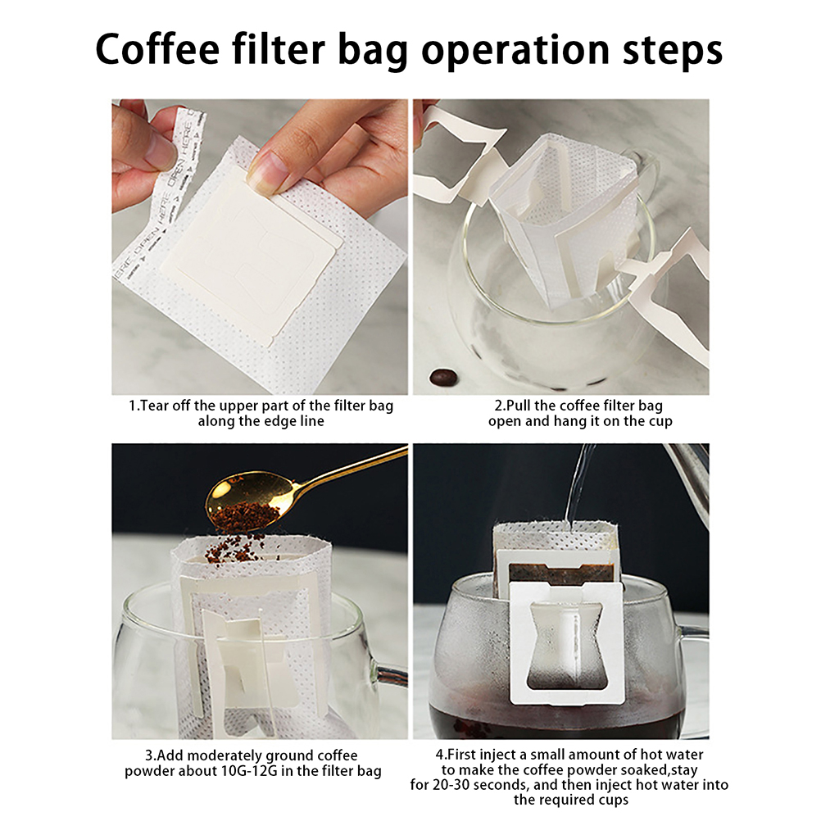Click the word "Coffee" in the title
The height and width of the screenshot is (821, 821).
coord(157,49)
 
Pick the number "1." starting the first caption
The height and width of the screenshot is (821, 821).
coord(134,406)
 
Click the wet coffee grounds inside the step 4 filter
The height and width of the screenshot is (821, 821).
coord(561,574)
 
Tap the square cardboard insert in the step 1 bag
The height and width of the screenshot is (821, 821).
coord(253,252)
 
